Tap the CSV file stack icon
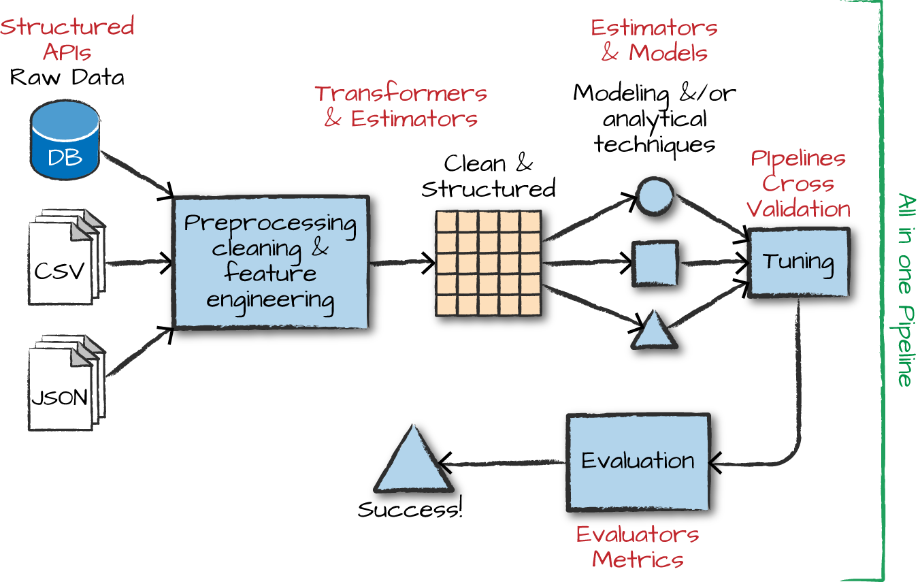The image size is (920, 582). pyautogui.click(x=64, y=259)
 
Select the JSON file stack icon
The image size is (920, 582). pyautogui.click(x=64, y=385)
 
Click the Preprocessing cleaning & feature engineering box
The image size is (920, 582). pyautogui.click(x=271, y=262)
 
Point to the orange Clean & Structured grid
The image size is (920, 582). pyautogui.click(x=488, y=263)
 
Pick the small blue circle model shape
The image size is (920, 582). pyautogui.click(x=655, y=195)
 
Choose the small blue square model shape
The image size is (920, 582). pyautogui.click(x=655, y=263)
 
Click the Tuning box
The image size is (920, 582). pyautogui.click(x=798, y=262)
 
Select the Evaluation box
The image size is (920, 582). pyautogui.click(x=638, y=462)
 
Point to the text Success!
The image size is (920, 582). pyautogui.click(x=410, y=509)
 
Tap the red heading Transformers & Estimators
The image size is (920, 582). pyautogui.click(x=401, y=106)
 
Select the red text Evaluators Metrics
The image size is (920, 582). pyautogui.click(x=638, y=547)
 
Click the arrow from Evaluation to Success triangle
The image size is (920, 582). pyautogui.click(x=504, y=465)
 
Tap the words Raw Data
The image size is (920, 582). pyautogui.click(x=67, y=77)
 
